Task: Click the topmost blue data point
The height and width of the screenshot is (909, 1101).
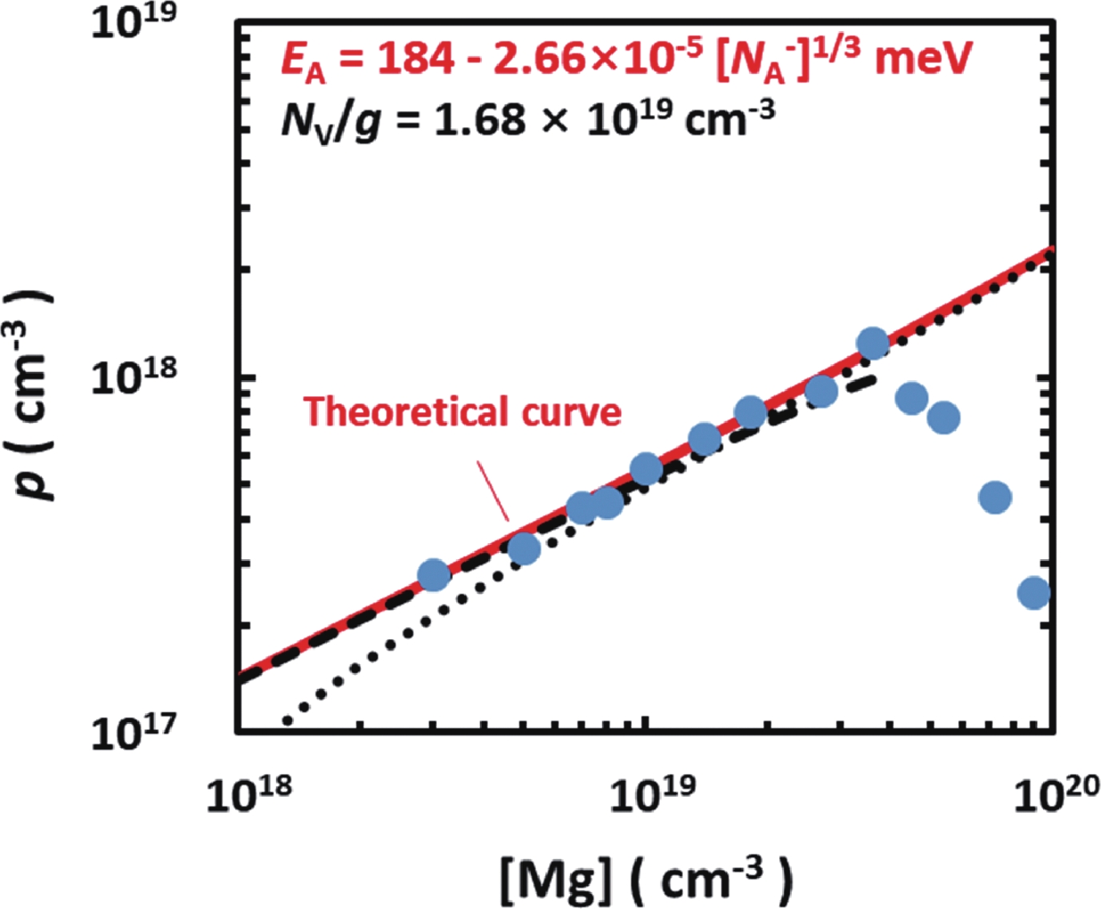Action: coord(872,343)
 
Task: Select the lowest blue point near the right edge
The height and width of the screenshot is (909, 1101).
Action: coord(1034,593)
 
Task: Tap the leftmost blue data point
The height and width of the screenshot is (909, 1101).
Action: coord(434,574)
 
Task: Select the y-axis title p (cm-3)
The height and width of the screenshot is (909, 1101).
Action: coord(35,395)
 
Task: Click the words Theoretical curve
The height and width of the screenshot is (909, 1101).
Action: coord(462,411)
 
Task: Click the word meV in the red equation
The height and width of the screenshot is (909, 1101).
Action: coord(924,58)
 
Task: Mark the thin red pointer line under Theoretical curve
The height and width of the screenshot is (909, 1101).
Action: coord(493,490)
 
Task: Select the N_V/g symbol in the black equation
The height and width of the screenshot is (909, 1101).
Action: coord(329,121)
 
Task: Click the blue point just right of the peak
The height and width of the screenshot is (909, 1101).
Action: coord(912,397)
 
